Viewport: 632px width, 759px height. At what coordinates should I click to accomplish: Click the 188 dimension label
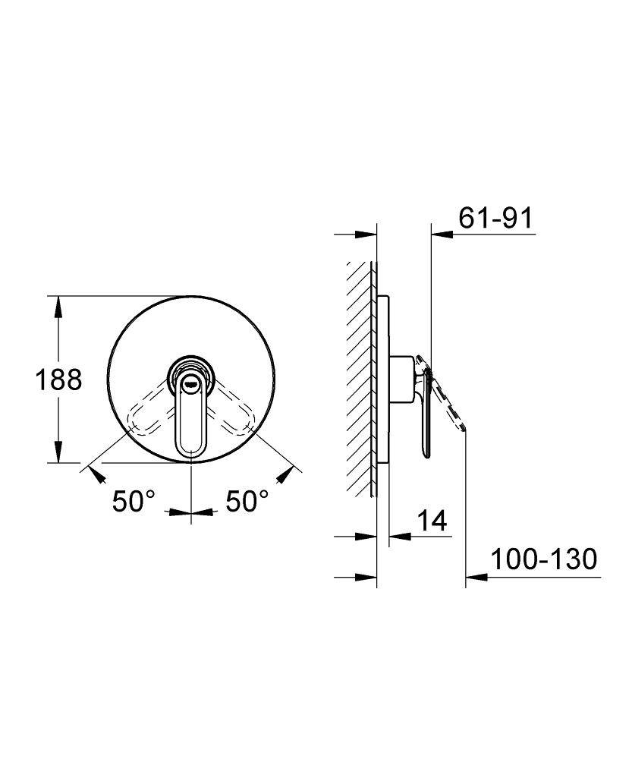pyautogui.click(x=58, y=379)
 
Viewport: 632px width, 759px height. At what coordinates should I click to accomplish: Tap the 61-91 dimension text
pyautogui.click(x=495, y=218)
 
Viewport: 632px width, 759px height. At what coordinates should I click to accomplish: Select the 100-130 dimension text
pyautogui.click(x=543, y=559)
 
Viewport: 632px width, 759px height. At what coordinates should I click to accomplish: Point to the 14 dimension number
pyautogui.click(x=432, y=521)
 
